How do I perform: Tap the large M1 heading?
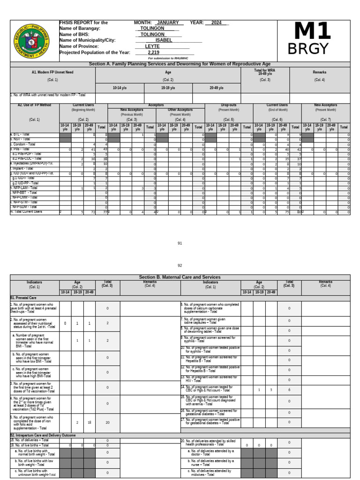312,32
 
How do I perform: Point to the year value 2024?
216,22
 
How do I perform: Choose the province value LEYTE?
152,46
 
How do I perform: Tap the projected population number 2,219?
153,52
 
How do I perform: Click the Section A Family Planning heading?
180,64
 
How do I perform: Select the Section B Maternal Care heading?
180,277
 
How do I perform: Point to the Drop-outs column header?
229,105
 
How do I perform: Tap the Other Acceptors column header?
180,110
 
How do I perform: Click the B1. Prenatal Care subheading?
23,298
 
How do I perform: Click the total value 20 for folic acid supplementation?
107,422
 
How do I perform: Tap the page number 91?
180,243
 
